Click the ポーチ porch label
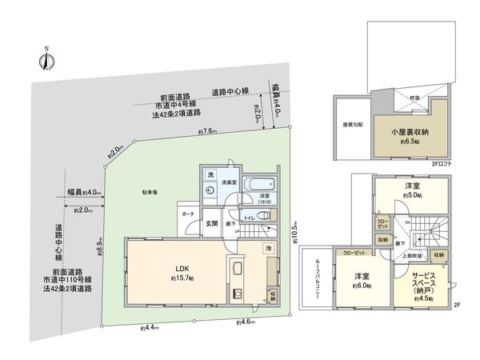pos(188,215)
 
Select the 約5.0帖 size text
pos(413,194)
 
